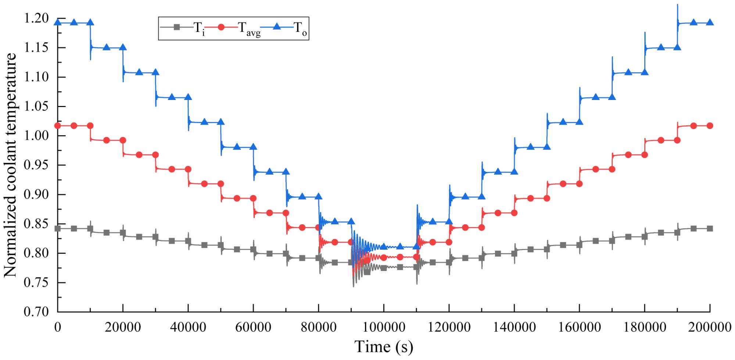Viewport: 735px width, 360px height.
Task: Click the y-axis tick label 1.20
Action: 36,18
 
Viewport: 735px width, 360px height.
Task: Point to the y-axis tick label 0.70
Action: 36,312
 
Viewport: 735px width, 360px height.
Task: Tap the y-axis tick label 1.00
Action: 36,135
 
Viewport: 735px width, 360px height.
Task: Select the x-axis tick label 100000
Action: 384,327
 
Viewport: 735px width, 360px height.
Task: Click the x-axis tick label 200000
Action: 709,327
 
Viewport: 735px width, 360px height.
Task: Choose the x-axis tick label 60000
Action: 253,327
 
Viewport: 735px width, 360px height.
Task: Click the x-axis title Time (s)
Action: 384,347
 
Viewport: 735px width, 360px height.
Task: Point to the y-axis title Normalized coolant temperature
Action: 10,165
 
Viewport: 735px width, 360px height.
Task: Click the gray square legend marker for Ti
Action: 177,27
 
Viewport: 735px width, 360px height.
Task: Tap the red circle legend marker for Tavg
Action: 221,27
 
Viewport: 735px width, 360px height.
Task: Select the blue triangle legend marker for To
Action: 277,26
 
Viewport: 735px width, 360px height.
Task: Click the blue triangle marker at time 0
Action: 58,23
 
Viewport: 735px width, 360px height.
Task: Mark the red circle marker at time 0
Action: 58,126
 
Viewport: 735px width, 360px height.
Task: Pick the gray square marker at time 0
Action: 58,229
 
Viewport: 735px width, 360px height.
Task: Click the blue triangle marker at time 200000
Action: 710,23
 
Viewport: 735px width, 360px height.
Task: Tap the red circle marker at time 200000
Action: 710,126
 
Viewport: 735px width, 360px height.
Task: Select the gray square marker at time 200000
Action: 710,229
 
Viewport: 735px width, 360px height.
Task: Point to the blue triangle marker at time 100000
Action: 384,246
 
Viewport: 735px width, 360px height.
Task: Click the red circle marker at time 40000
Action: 188,169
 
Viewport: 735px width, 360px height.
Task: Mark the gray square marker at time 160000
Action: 579,245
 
